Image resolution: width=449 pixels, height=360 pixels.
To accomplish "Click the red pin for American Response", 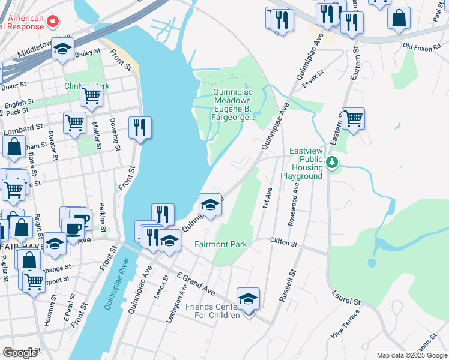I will [x=53, y=22].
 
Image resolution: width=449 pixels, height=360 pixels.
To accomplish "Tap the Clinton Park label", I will [x=86, y=86].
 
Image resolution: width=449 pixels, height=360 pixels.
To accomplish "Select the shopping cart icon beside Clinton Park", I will [x=92, y=96].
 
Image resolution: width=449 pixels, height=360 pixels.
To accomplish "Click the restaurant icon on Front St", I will [x=139, y=128].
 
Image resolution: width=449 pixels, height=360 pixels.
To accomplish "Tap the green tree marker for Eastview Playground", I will [x=331, y=162].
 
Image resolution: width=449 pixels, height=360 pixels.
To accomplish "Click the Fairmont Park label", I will [x=220, y=244].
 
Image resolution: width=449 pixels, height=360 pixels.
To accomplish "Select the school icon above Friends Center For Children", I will [x=248, y=298].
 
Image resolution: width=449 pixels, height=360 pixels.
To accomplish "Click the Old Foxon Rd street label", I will [x=421, y=46].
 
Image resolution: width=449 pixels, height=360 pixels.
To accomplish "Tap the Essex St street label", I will [x=313, y=79].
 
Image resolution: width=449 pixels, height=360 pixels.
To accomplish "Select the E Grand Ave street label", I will [x=196, y=282].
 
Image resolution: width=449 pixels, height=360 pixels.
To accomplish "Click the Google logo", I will [x=20, y=353].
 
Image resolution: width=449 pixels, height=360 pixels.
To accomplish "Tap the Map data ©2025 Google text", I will [x=412, y=355].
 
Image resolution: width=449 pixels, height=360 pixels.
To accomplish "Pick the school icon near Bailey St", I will [x=62, y=50].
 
